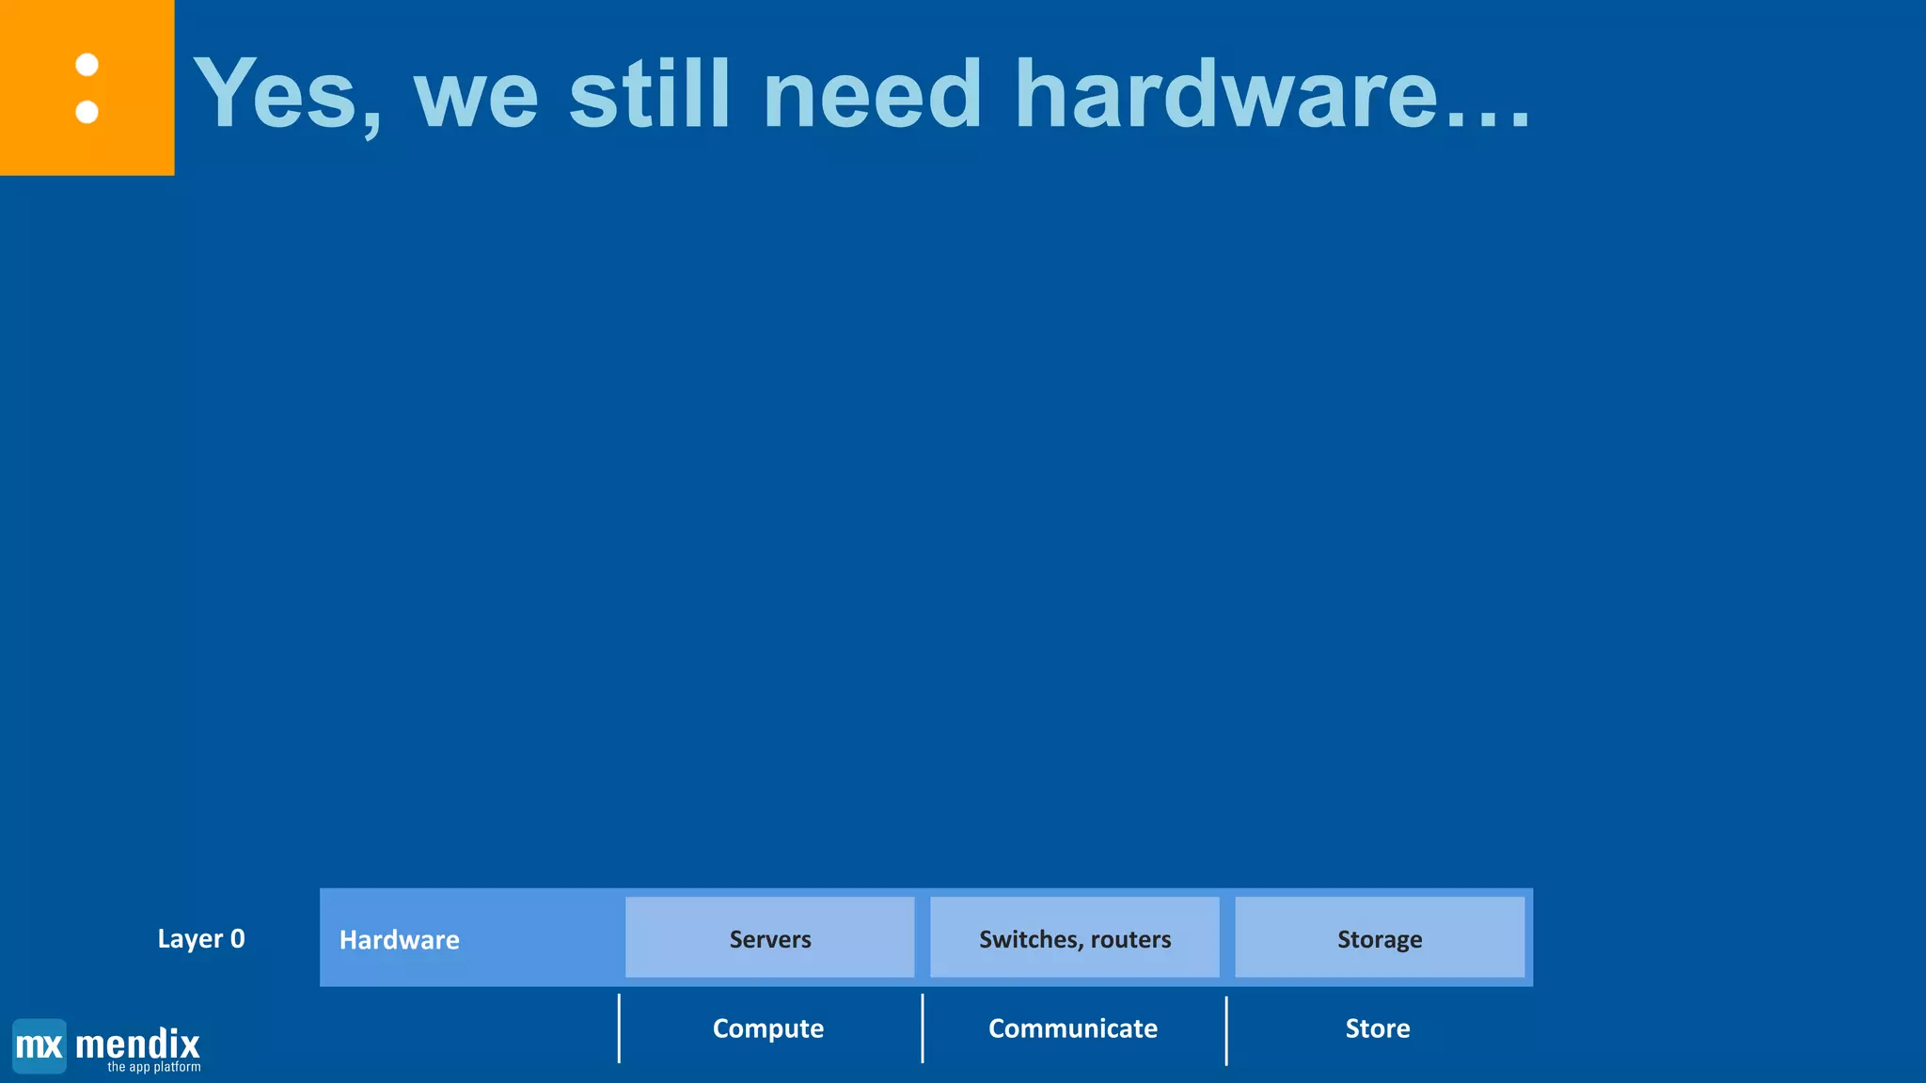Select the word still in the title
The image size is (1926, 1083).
(x=649, y=94)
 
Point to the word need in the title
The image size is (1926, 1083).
(x=873, y=94)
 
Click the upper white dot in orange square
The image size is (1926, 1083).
(x=87, y=65)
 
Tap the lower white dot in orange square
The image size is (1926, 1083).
(x=87, y=112)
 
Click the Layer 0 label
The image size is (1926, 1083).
(x=201, y=938)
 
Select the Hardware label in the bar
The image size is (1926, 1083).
(x=399, y=939)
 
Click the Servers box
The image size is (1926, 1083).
(x=769, y=937)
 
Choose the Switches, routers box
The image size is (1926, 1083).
(x=1074, y=937)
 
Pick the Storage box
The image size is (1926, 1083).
(x=1380, y=937)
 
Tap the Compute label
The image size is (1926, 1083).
(x=768, y=1028)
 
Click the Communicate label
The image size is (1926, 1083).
(x=1073, y=1028)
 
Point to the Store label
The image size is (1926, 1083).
(x=1378, y=1028)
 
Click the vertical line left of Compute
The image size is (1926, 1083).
(x=619, y=1028)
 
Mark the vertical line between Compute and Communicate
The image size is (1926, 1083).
(x=923, y=1028)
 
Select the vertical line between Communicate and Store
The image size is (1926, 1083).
(x=1226, y=1030)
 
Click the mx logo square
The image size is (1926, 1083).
(x=39, y=1045)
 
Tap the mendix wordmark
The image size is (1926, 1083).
(x=137, y=1044)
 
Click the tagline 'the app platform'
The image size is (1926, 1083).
(x=154, y=1068)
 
